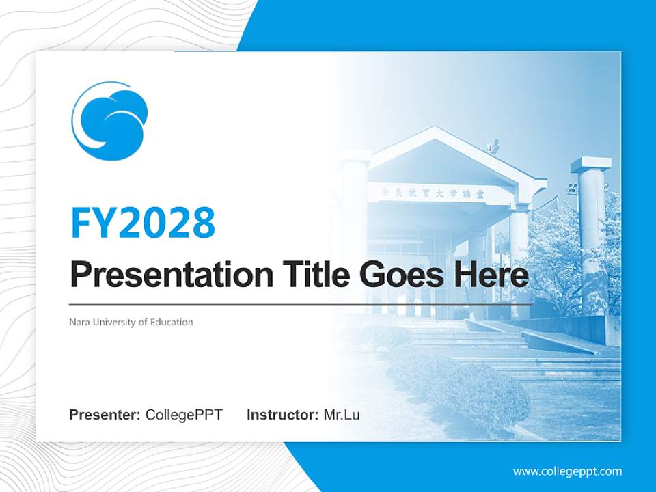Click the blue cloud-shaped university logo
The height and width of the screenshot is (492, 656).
click(110, 121)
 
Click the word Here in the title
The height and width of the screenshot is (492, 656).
click(491, 275)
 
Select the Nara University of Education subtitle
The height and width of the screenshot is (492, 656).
click(131, 322)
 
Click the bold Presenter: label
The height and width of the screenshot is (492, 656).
click(105, 415)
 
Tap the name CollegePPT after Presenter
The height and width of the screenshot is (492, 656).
click(184, 415)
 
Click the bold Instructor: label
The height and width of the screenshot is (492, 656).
click(282, 415)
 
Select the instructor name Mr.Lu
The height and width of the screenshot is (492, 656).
click(342, 415)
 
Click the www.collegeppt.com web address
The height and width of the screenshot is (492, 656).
click(567, 471)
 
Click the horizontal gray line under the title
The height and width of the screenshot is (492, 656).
click(301, 304)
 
